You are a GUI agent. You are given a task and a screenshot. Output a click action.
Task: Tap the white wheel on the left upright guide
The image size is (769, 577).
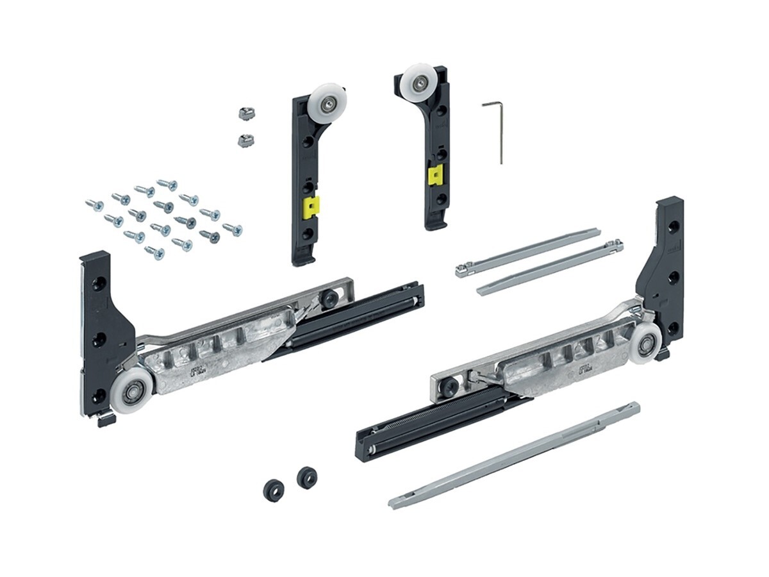(x=327, y=102)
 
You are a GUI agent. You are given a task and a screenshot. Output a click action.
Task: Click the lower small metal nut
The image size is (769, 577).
(x=244, y=140)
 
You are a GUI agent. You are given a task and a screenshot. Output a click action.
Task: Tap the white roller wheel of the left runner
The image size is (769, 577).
(x=133, y=391)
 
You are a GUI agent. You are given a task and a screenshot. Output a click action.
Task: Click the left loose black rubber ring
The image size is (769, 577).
(x=272, y=490)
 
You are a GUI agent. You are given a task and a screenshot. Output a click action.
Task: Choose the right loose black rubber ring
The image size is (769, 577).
(x=307, y=476)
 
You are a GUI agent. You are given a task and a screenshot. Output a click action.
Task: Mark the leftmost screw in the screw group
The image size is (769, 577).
(x=94, y=205)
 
